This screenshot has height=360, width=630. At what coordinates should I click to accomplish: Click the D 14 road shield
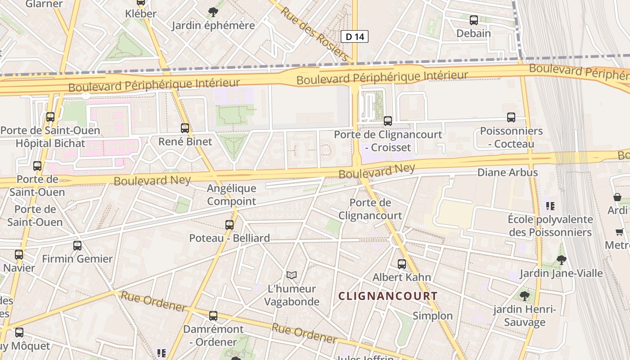click(355, 36)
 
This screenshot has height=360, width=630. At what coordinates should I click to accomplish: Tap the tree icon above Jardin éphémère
click(213, 12)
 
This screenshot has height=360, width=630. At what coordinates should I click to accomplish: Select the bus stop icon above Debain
click(473, 20)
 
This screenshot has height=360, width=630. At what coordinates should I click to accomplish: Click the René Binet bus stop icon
click(184, 128)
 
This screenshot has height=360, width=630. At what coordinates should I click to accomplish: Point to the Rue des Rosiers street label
click(315, 34)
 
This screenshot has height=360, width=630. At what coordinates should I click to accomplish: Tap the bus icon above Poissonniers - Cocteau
click(511, 117)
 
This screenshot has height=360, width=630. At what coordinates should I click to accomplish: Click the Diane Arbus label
click(507, 172)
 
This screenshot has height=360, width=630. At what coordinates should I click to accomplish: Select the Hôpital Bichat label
click(50, 144)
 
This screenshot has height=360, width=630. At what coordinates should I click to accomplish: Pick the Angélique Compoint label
click(231, 194)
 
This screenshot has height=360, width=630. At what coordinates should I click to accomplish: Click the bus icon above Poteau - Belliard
click(229, 225)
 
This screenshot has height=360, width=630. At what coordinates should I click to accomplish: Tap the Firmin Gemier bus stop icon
click(77, 246)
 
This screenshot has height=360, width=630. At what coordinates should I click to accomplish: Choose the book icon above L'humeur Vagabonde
click(292, 275)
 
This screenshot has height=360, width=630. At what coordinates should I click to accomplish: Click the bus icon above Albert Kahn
click(402, 264)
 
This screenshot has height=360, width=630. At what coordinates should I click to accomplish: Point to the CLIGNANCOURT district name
click(387, 296)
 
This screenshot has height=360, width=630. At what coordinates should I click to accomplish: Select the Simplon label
click(432, 316)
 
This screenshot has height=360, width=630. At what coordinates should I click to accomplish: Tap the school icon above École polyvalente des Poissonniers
click(550, 206)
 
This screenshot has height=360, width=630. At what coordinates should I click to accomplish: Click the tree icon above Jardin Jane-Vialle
click(561, 260)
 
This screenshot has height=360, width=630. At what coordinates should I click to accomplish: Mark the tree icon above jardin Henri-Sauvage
click(524, 296)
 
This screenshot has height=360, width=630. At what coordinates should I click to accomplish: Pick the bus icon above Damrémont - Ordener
click(213, 316)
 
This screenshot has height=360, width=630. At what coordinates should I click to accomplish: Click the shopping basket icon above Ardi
click(617, 197)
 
